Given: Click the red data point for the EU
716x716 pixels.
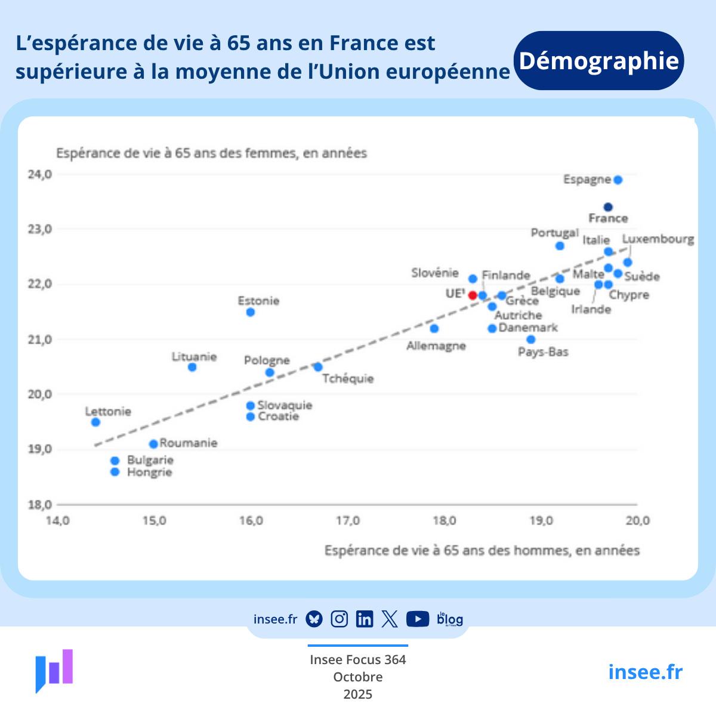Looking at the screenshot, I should [x=473, y=295].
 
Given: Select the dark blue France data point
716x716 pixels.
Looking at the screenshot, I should [x=608, y=207].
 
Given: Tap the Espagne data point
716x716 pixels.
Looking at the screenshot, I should [x=618, y=180].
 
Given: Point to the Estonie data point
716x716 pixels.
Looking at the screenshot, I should [x=251, y=312].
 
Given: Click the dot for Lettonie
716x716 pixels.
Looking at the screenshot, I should [x=95, y=422].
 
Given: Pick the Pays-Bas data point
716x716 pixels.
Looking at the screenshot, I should [x=531, y=340].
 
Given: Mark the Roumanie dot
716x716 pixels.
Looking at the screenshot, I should [x=153, y=443].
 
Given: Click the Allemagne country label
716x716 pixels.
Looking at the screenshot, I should [x=436, y=346].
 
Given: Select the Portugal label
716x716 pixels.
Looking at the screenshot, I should [x=555, y=233].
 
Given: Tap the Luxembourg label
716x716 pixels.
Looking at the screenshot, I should [x=658, y=239].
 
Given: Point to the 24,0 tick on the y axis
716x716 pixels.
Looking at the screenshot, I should [x=40, y=174].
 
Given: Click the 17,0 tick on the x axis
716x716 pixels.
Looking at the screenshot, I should [x=348, y=521].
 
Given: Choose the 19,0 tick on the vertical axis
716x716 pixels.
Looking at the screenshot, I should [x=40, y=449].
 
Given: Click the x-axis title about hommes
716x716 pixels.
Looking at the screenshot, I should [x=482, y=550].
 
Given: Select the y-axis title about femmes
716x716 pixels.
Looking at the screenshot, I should [x=211, y=153].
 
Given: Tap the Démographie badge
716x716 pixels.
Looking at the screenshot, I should [x=598, y=61].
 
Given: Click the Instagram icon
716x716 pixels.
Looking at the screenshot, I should [x=339, y=619].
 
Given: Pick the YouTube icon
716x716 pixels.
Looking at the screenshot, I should [x=418, y=619].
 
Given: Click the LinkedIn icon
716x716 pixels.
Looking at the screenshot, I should [x=364, y=619].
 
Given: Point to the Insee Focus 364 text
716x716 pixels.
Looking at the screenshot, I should [x=357, y=659].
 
